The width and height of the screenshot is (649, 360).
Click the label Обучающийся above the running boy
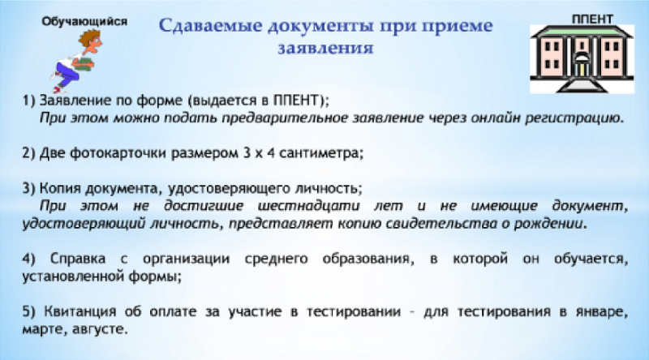pyautogui.click(x=84, y=21)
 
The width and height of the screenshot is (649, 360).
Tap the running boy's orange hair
pyautogui.click(x=89, y=36)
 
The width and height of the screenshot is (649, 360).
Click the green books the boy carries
pyautogui.click(x=85, y=63)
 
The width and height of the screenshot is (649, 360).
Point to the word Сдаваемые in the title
pyautogui.click(x=211, y=26)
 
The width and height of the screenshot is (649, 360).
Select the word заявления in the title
pyautogui.click(x=325, y=48)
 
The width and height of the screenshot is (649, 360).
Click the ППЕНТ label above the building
pyautogui.click(x=592, y=19)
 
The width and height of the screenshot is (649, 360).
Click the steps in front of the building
pyautogui.click(x=582, y=85)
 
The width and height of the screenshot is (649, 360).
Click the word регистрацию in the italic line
pyautogui.click(x=574, y=118)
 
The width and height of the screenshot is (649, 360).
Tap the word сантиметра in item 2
pyautogui.click(x=320, y=153)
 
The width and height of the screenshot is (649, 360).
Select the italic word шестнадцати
pyautogui.click(x=309, y=206)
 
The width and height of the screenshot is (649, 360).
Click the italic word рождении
pyautogui.click(x=550, y=224)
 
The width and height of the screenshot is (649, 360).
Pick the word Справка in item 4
pyautogui.click(x=78, y=259)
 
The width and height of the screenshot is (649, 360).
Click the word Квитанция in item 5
pyautogui.click(x=80, y=311)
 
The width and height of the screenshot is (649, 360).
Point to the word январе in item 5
pyautogui.click(x=601, y=312)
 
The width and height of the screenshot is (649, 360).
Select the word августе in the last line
pyautogui.click(x=99, y=329)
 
